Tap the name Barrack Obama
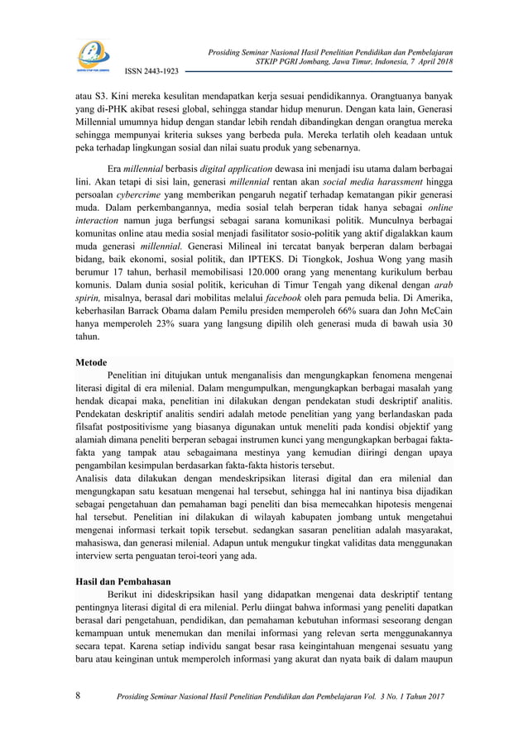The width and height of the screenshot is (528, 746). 175,308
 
